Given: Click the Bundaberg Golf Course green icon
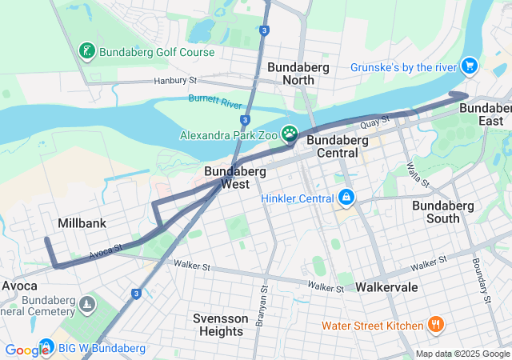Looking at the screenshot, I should [x=87, y=52].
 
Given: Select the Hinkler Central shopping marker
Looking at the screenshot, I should [x=346, y=197].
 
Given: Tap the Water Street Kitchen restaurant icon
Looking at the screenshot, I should [x=436, y=325].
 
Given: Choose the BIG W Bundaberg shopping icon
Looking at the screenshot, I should [x=46, y=348].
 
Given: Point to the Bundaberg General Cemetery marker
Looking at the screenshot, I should [x=87, y=305].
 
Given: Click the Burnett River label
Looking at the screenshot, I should [x=215, y=102].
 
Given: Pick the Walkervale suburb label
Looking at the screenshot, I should [x=388, y=286].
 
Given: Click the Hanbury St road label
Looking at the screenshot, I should [x=174, y=81].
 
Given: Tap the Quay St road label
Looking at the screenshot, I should [x=374, y=122].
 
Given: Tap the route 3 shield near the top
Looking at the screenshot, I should [x=264, y=30].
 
